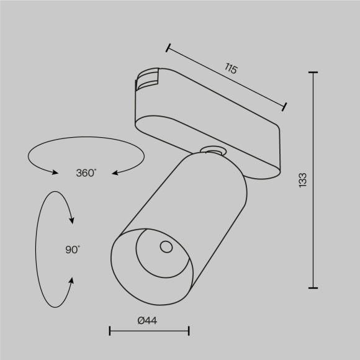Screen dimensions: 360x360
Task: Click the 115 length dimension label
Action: click(x=231, y=70)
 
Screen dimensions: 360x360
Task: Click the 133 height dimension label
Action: click(x=303, y=180)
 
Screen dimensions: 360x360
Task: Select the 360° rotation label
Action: click(x=86, y=173)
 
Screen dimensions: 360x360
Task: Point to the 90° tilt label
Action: click(x=73, y=250)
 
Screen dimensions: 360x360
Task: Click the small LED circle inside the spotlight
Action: click(x=166, y=248)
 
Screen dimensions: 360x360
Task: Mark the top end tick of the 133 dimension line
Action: click(x=313, y=73)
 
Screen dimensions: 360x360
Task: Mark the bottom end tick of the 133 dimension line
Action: click(x=313, y=287)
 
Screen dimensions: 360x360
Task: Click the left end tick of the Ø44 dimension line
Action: click(x=109, y=332)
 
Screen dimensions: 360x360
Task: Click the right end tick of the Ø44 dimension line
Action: click(x=189, y=332)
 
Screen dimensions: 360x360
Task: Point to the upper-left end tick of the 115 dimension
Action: click(x=168, y=47)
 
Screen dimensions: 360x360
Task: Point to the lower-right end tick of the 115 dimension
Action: click(x=284, y=107)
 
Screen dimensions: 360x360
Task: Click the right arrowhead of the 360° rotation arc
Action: click(x=115, y=172)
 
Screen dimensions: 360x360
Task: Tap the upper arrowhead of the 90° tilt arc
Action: click(x=72, y=220)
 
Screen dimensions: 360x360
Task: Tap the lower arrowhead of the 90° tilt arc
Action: click(x=72, y=281)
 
